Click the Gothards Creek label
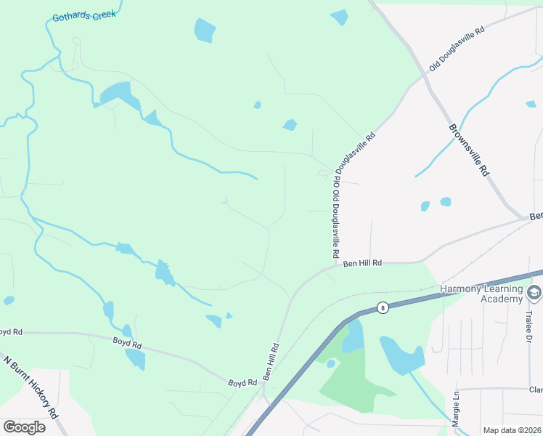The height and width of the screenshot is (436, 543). point(84,15)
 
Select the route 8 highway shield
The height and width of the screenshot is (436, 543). point(383,307)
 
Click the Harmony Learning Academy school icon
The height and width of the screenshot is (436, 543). point(534,294)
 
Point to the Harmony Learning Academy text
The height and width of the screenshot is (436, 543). point(482,294)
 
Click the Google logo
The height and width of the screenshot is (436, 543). point(24,427)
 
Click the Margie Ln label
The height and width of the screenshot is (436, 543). point(456,409)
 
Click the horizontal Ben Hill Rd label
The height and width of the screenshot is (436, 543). point(362,263)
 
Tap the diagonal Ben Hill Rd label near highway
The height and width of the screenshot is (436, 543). point(271,361)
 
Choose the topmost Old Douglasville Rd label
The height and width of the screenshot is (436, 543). point(457,49)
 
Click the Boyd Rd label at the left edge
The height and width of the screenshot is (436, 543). point(10,331)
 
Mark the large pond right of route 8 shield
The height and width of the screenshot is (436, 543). point(402,354)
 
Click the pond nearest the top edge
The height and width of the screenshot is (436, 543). point(339,17)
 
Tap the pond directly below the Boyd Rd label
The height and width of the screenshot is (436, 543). point(135,359)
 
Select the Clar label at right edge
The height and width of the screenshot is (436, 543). point(536,389)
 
